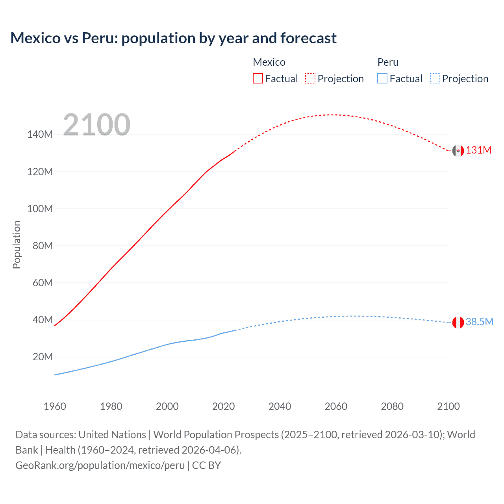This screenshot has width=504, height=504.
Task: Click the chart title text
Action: coord(173,38)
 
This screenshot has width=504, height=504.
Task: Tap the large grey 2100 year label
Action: coord(96,125)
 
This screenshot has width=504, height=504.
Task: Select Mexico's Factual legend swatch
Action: coord(258,78)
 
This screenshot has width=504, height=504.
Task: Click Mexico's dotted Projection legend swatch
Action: coord(310,78)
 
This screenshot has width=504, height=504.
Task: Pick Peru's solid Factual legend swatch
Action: coord(382,78)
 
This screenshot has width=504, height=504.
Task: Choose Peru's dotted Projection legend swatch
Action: coord(435,78)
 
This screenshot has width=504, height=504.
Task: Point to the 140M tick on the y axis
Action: coord(40,135)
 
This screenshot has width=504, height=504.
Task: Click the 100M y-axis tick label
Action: coord(40,209)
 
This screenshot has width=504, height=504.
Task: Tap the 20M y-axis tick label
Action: coord(43,357)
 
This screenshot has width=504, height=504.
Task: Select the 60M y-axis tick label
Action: coord(43,283)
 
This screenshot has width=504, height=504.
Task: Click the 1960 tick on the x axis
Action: coord(55,406)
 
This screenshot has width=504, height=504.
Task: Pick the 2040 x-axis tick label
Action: coord(280,406)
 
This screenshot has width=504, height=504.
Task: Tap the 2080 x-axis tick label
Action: coord(392,406)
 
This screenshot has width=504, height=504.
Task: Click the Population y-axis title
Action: coord(17,245)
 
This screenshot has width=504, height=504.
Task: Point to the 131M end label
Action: coord(478,150)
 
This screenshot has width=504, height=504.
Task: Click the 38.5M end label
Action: coord(479,322)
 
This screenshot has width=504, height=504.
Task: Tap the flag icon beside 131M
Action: coord(458,150)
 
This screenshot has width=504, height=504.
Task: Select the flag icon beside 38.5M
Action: coord(458,322)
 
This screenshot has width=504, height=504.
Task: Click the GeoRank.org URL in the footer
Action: coord(100,465)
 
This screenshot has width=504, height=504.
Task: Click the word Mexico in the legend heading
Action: coord(269,62)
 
